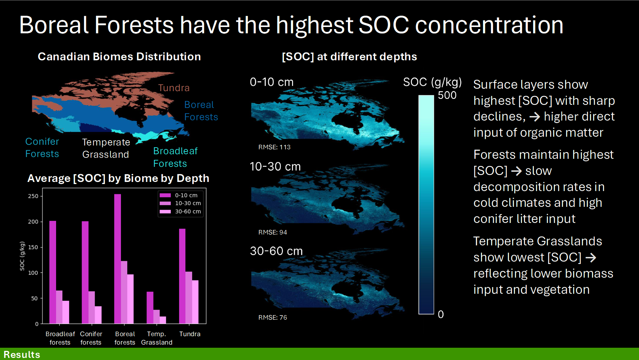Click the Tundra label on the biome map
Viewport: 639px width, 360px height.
pos(174,88)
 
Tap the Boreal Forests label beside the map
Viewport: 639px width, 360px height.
pos(201,111)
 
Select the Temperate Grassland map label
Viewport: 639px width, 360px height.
pos(106,148)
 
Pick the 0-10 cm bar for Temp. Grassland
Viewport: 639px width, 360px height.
pos(150,307)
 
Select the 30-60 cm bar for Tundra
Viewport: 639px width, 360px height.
pos(195,302)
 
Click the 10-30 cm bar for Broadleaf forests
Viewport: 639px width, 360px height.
pos(59,307)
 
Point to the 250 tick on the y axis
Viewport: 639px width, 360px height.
pos(33,196)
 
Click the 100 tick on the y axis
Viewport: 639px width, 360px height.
pos(33,273)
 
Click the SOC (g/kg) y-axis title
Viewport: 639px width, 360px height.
pos(22,256)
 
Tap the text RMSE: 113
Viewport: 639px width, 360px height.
pos(274,147)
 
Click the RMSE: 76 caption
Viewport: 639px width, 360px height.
pos(272,318)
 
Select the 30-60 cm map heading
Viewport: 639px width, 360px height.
pos(276,251)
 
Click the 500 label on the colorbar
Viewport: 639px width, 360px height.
pos(447,95)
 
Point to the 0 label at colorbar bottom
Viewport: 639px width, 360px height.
pos(441,314)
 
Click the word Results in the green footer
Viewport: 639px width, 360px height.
pos(22,354)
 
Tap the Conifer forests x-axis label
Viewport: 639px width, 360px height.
pos(91,338)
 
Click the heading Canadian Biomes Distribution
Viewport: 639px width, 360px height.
pos(119,57)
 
